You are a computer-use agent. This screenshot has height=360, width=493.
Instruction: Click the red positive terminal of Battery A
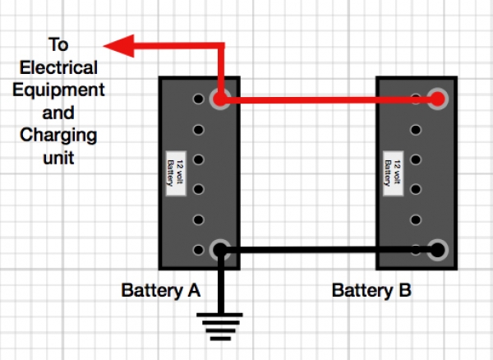220,99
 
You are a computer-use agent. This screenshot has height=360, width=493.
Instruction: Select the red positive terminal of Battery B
438,99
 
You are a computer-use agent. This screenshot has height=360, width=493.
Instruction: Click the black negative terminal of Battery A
220,249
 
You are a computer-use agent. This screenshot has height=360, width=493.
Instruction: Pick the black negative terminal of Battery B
438,249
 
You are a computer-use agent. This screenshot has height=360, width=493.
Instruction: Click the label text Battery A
160,290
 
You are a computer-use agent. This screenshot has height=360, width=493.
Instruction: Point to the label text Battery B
371,290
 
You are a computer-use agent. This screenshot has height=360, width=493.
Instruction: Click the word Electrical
59,67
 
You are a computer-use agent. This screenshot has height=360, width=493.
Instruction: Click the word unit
59,157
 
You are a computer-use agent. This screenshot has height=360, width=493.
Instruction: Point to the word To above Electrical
58,45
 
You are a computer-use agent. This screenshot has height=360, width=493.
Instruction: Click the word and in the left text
59,113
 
